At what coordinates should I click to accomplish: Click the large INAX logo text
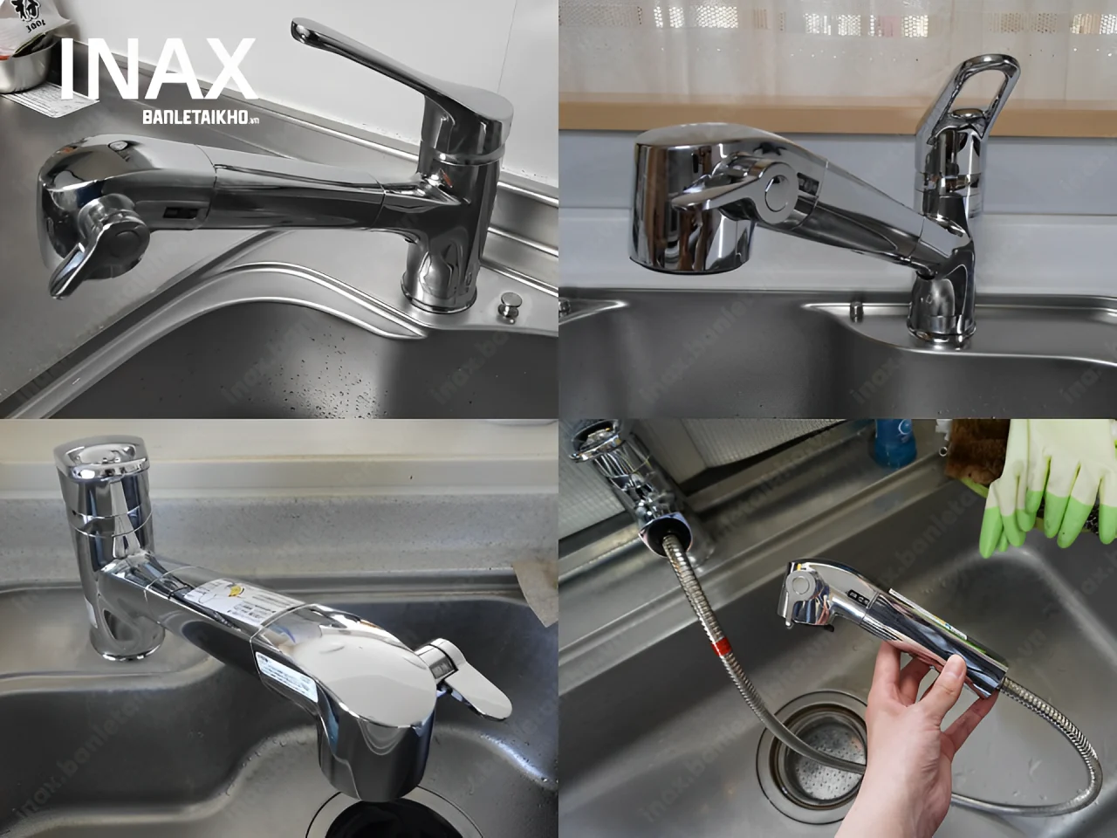(x=157, y=70)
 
